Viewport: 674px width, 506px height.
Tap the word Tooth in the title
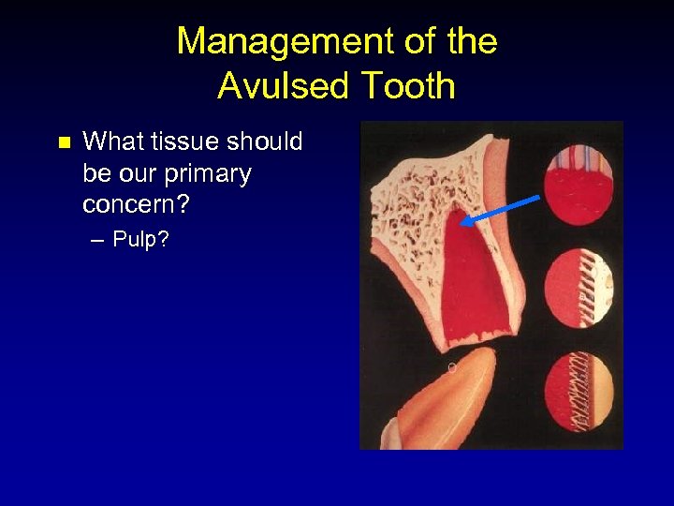click(x=406, y=86)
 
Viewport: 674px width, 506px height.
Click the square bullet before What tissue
click(x=64, y=143)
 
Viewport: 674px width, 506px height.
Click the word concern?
click(x=134, y=204)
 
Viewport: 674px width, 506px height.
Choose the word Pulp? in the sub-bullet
click(x=140, y=240)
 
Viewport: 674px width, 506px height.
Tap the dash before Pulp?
click(x=99, y=240)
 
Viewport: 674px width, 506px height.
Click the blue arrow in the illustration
click(x=502, y=210)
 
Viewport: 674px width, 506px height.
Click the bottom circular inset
click(x=579, y=392)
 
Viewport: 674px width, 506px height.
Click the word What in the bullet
click(x=109, y=142)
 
